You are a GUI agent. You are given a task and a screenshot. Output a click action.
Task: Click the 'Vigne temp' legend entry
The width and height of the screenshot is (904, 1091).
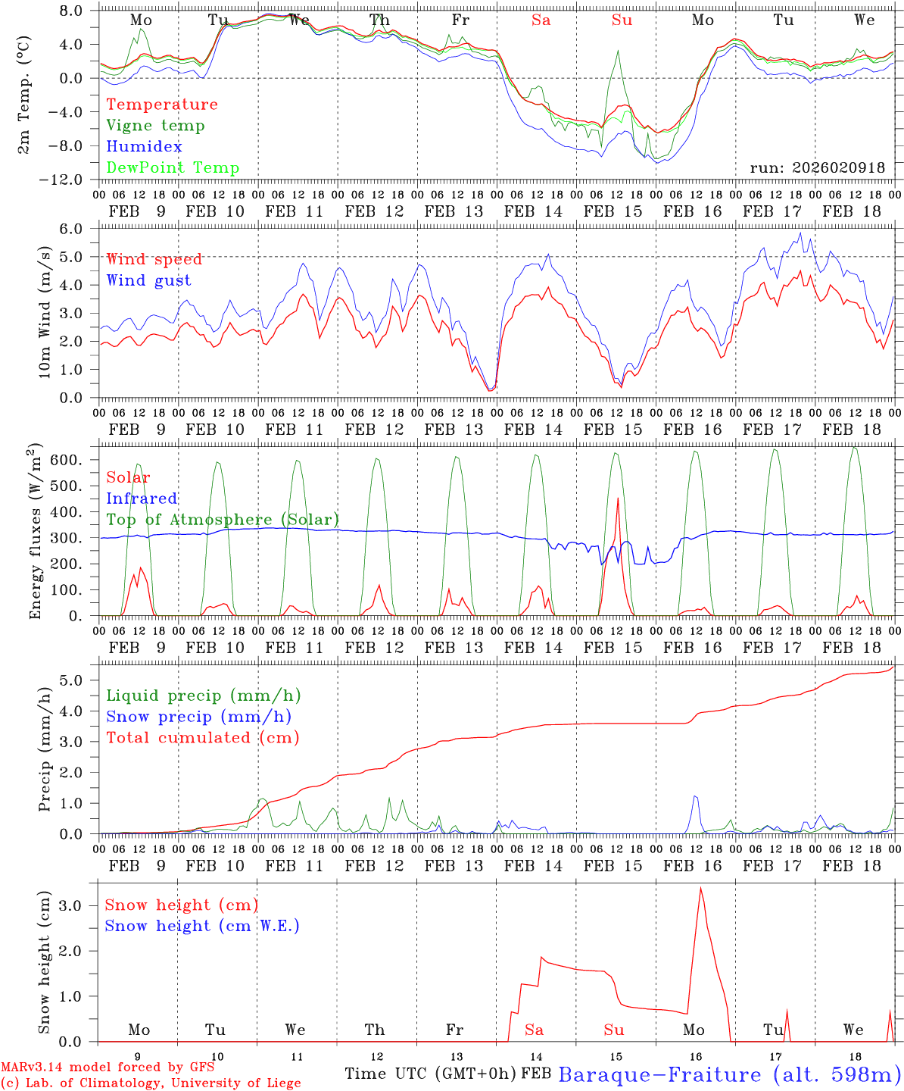click(x=155, y=126)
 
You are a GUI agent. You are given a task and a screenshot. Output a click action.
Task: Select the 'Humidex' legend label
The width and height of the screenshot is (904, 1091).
click(x=144, y=147)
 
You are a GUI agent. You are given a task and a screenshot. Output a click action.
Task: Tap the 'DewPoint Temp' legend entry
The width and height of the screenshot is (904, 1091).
click(x=173, y=168)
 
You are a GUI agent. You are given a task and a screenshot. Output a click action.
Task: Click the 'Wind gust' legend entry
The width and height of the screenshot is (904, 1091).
click(x=148, y=280)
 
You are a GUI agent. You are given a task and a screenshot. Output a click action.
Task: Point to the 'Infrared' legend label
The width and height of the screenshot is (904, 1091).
click(x=142, y=499)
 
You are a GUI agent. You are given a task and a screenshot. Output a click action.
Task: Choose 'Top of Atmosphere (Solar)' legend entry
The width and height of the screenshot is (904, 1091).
click(x=222, y=520)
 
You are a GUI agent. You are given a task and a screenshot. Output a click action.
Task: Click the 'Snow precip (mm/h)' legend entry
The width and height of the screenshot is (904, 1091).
click(x=198, y=717)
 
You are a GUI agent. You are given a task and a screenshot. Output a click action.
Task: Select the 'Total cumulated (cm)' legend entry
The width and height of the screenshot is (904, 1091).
click(x=202, y=738)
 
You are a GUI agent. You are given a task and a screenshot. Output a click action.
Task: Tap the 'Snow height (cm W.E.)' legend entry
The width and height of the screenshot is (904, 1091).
click(x=202, y=926)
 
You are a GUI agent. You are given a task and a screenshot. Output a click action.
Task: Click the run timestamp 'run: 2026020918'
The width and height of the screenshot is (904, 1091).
click(x=817, y=168)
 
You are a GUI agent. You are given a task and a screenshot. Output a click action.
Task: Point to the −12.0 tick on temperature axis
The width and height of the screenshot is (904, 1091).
click(x=67, y=180)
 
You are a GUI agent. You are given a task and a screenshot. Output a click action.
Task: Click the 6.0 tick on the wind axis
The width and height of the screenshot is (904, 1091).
click(x=71, y=229)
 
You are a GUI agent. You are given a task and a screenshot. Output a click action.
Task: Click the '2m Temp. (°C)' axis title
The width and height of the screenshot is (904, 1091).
click(x=24, y=95)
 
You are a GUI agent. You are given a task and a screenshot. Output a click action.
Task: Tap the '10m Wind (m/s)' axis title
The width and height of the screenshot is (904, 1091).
click(x=45, y=312)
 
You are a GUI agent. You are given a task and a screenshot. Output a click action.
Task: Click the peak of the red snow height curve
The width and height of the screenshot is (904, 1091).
click(x=700, y=888)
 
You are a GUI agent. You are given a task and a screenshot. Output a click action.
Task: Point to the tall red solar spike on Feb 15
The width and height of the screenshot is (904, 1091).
click(x=618, y=499)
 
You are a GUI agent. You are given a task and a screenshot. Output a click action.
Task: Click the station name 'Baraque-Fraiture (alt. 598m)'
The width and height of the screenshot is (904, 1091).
click(x=729, y=1074)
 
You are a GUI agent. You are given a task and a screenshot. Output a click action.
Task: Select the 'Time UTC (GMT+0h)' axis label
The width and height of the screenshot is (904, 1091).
click(x=430, y=1074)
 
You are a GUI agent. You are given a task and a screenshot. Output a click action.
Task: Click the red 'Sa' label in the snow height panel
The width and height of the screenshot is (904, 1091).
click(x=534, y=1030)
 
